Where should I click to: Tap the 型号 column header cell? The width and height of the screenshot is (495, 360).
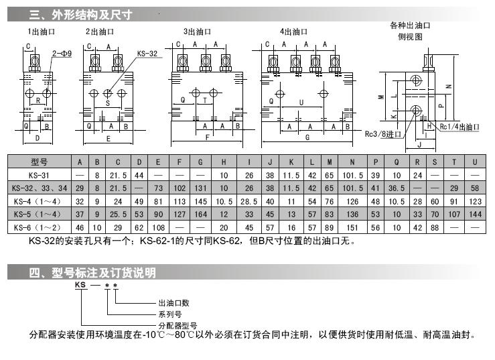tap(40, 162)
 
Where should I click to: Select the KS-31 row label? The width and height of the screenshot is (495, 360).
tap(40, 174)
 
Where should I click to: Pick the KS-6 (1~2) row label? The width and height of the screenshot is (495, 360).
tap(40, 227)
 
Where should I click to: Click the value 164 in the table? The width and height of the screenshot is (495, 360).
tap(200, 215)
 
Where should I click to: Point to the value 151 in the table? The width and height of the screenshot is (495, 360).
tap(352, 227)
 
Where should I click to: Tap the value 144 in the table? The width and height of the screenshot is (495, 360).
tap(475, 215)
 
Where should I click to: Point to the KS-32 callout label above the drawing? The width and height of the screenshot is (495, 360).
tap(149, 52)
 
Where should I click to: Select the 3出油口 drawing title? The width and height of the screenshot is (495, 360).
tap(198, 32)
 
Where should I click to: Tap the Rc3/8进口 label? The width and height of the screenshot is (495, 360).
tap(381, 133)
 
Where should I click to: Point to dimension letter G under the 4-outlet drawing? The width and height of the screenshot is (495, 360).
tap(306, 137)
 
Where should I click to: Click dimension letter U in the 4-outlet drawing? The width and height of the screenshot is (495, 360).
tap(301, 103)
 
